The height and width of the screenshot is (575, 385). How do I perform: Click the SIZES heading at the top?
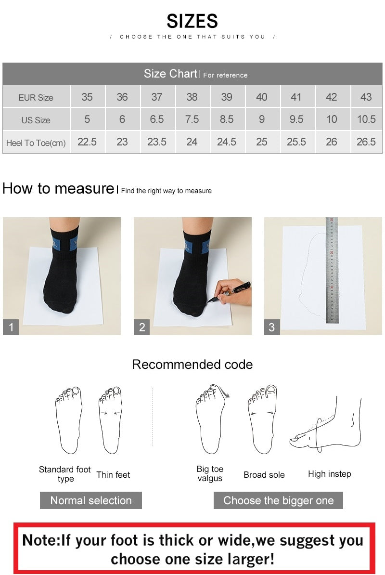pyautogui.click(x=192, y=21)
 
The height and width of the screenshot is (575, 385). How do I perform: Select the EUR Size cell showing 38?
pyautogui.click(x=192, y=97)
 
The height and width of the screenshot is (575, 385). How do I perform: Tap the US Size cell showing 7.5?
pyautogui.click(x=192, y=119)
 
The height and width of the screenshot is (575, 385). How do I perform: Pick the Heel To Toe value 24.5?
pyautogui.click(x=227, y=142)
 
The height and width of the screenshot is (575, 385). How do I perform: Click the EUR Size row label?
pyautogui.click(x=36, y=98)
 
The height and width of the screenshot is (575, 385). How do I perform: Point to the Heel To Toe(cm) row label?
pyautogui.click(x=36, y=143)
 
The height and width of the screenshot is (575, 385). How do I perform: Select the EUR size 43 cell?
pyautogui.click(x=366, y=97)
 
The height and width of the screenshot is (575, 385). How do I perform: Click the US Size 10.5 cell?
pyautogui.click(x=366, y=119)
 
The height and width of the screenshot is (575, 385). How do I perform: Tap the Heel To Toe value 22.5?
pyautogui.click(x=87, y=142)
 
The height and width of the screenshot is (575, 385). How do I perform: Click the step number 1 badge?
pyautogui.click(x=11, y=327)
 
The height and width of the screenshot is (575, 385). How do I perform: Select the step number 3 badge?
pyautogui.click(x=272, y=327)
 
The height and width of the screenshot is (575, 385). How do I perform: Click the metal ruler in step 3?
pyautogui.click(x=332, y=270)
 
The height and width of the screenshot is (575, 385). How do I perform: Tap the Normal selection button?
pyautogui.click(x=91, y=500)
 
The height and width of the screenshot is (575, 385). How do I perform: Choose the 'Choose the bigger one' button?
pyautogui.click(x=278, y=500)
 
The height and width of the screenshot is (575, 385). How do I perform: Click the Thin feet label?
pyautogui.click(x=113, y=475)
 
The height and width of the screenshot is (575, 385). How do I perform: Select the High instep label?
pyautogui.click(x=330, y=474)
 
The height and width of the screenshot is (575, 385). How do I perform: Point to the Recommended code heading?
pyautogui.click(x=192, y=365)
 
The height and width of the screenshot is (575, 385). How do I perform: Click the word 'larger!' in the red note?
pyautogui.click(x=251, y=559)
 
